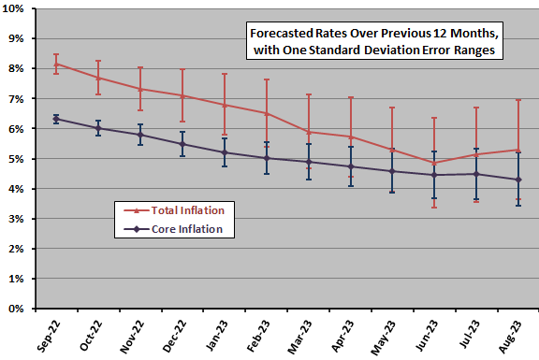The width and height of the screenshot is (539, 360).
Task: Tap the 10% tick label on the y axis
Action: click(19, 9)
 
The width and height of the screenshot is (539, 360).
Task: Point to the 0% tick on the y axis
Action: click(22, 309)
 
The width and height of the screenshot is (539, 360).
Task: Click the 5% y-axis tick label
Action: click(22, 159)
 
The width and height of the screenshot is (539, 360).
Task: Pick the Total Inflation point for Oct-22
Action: click(98, 78)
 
